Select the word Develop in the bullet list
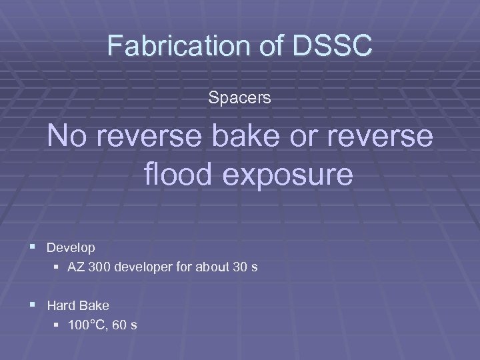[71, 247]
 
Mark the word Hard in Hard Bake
[61, 305]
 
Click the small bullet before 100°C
[57, 326]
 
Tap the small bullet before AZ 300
[57, 268]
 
